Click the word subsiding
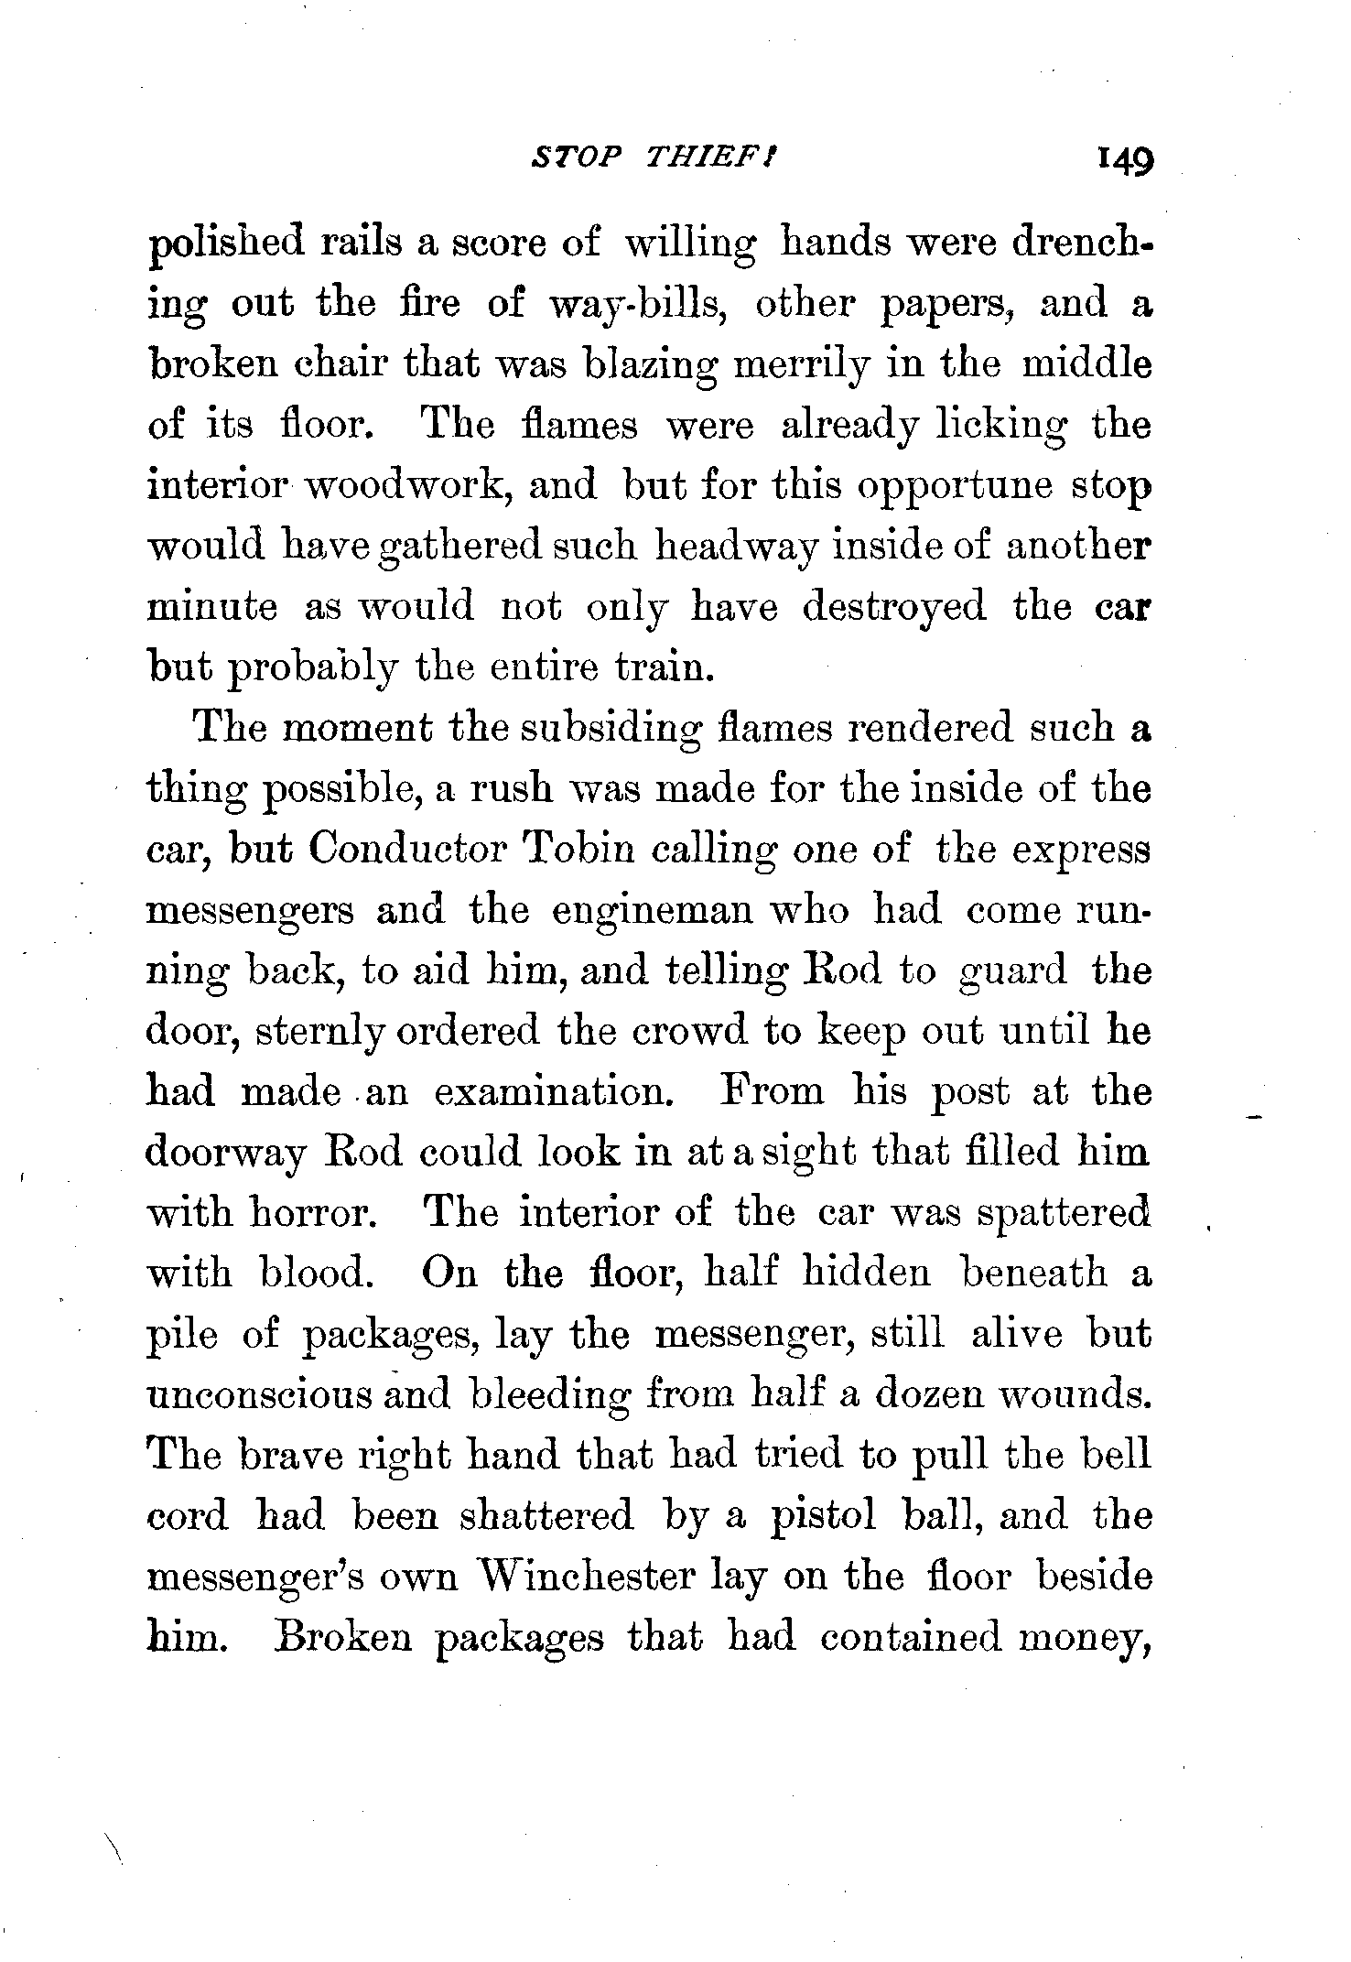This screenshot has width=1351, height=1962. pyautogui.click(x=600, y=730)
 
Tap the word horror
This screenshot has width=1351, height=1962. pyautogui.click(x=308, y=1213)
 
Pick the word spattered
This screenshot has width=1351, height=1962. pyautogui.click(x=1062, y=1213)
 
